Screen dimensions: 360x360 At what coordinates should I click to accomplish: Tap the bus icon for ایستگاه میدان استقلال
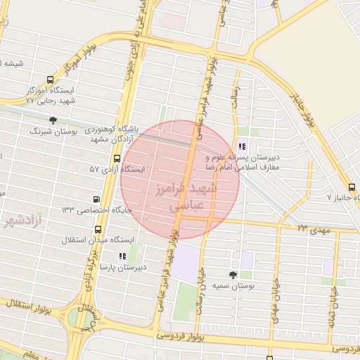97,229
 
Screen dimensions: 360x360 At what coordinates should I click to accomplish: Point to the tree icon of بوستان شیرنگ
53,120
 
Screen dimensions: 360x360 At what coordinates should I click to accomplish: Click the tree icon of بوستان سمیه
233,274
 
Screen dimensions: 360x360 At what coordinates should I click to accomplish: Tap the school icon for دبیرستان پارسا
122,257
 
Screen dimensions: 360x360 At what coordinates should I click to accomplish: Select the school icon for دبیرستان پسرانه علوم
242,147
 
